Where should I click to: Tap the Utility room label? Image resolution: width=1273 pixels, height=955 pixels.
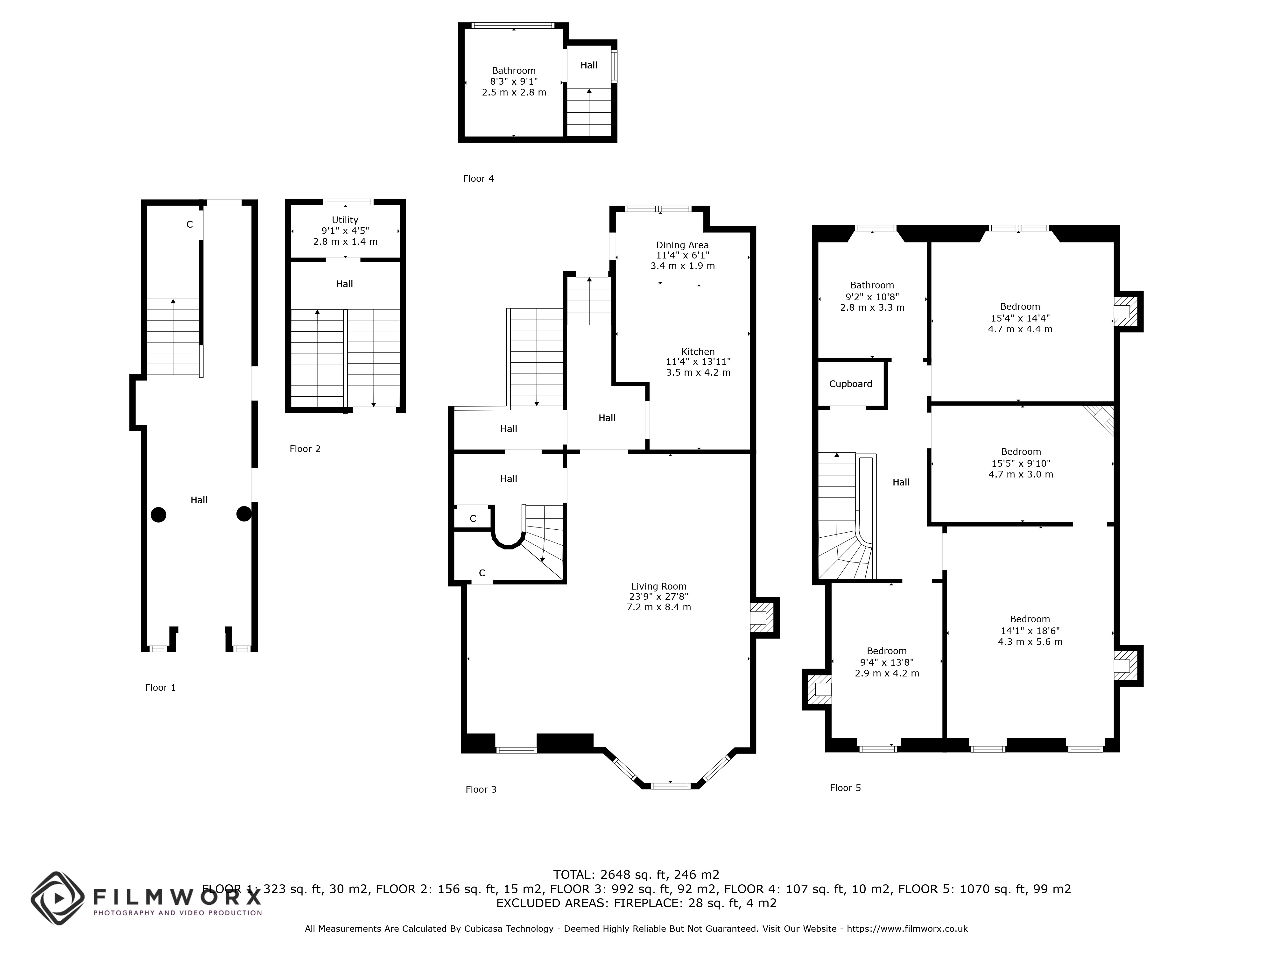click(x=345, y=220)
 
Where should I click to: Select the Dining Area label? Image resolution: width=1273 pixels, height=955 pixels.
click(x=683, y=245)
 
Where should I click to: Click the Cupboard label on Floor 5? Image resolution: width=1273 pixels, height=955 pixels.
click(x=851, y=384)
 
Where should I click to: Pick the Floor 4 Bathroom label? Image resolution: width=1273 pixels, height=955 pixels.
click(x=514, y=71)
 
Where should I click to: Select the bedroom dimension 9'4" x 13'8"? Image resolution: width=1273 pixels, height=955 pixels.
click(x=887, y=662)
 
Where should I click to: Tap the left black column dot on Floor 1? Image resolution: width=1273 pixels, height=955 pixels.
click(x=159, y=515)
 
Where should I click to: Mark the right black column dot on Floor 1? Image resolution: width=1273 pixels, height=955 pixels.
click(x=244, y=513)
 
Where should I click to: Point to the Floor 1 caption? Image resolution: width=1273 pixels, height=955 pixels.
click(x=161, y=687)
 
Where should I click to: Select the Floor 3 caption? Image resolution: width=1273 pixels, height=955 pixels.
click(x=481, y=789)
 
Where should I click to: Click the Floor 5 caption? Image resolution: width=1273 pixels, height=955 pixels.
click(x=845, y=788)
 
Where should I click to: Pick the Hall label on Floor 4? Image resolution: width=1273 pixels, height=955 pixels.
click(x=589, y=65)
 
